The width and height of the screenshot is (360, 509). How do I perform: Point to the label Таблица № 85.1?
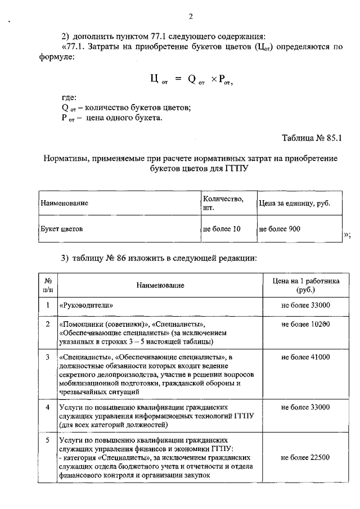click(312, 137)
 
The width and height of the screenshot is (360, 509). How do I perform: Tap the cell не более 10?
click(221, 229)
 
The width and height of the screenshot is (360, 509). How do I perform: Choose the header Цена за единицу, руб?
click(294, 203)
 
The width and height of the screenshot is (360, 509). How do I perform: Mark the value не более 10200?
click(305, 325)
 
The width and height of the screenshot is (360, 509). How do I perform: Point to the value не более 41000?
click(305, 357)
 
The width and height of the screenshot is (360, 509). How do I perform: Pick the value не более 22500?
click(305, 458)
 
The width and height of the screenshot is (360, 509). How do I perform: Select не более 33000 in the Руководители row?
click(305, 305)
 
